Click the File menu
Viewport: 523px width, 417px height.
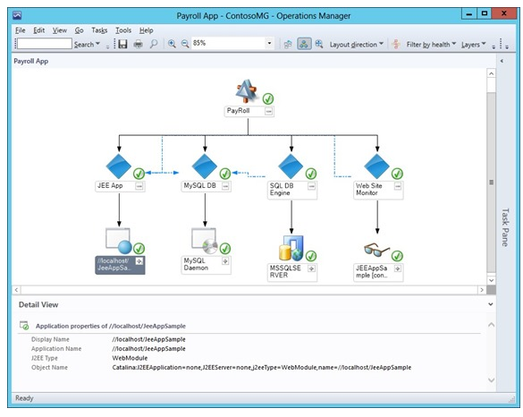pyautogui.click(x=20, y=30)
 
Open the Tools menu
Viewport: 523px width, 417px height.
pyautogui.click(x=123, y=30)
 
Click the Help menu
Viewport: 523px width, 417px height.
pyautogui.click(x=146, y=30)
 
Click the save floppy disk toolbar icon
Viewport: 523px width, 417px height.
pyautogui.click(x=122, y=44)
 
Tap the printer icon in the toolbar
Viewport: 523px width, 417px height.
pyautogui.click(x=138, y=44)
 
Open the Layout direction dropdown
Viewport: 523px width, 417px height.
pyautogui.click(x=356, y=45)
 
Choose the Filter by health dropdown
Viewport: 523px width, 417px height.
pyautogui.click(x=431, y=45)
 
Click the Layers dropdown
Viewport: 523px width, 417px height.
pyautogui.click(x=473, y=45)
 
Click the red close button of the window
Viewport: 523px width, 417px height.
pyautogui.click(x=504, y=13)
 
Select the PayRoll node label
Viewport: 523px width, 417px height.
pyautogui.click(x=238, y=110)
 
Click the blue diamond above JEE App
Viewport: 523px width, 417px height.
pyautogui.click(x=118, y=166)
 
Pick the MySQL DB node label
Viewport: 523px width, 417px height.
pyautogui.click(x=199, y=185)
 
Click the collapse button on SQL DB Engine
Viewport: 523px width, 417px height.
pyautogui.click(x=311, y=186)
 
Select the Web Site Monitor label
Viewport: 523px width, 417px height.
pyautogui.click(x=369, y=190)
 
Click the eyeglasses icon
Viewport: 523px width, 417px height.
pyautogui.click(x=376, y=250)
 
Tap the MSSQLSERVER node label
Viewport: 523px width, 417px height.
pyautogui.click(x=285, y=271)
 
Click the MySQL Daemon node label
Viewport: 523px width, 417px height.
pyautogui.click(x=196, y=264)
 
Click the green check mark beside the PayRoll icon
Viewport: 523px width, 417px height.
pyautogui.click(x=268, y=98)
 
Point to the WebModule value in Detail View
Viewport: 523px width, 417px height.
pyautogui.click(x=130, y=358)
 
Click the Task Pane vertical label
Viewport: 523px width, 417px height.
pyautogui.click(x=505, y=227)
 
